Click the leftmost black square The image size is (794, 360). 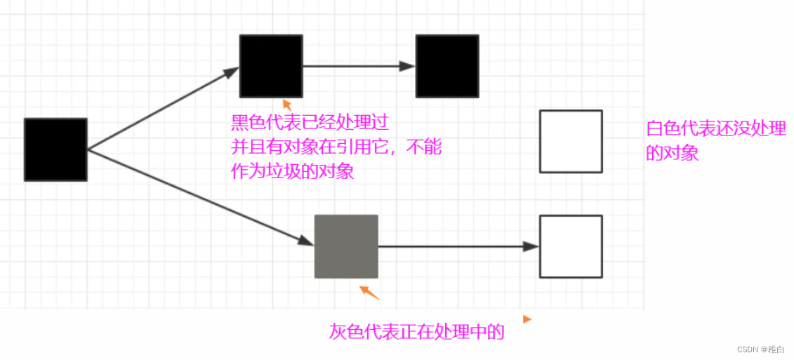55,149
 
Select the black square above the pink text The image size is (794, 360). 271,66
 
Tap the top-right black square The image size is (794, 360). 447,66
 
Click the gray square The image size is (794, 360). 346,246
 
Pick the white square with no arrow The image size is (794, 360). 571,141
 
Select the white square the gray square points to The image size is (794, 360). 571,246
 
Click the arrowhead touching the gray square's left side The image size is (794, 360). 305,240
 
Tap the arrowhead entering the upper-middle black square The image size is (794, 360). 232,72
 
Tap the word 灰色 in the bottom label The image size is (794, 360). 347,332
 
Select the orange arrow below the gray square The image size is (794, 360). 369,293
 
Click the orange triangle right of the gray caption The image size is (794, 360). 527,319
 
